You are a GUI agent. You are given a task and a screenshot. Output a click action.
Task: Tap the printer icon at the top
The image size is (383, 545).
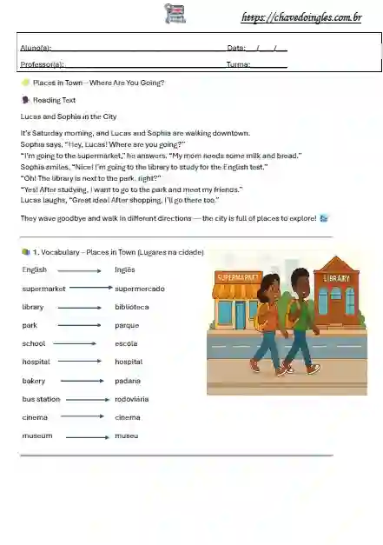175,13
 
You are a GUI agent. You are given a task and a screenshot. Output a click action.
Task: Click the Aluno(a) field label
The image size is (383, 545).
36,47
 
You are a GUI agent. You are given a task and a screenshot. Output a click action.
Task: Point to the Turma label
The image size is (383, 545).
239,64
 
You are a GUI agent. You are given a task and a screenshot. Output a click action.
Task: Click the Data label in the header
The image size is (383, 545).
236,47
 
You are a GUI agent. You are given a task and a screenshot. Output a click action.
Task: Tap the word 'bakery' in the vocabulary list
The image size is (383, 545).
33,381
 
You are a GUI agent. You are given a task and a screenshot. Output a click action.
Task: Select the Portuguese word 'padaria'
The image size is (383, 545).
128,381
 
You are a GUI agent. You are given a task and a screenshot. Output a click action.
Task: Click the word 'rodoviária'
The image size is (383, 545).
132,399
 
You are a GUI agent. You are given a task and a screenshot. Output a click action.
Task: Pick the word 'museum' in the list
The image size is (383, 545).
37,435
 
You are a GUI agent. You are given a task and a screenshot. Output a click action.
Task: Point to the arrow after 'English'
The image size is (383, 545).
80,270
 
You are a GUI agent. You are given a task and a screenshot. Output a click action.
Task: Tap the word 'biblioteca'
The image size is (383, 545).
132,307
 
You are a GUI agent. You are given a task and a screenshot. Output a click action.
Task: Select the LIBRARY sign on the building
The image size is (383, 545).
336,278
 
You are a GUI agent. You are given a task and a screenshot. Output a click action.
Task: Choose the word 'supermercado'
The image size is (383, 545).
140,289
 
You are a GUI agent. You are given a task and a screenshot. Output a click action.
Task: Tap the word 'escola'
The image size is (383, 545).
126,343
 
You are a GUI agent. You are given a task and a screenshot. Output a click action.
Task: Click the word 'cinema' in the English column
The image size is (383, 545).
36,417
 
